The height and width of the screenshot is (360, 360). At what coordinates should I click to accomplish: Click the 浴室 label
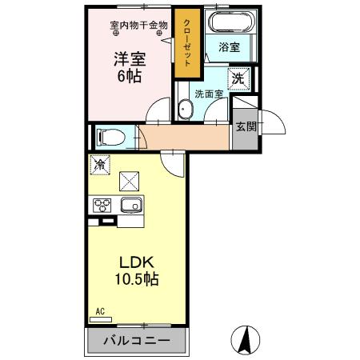point(230,47)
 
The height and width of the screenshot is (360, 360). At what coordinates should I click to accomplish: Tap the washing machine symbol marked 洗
point(238,78)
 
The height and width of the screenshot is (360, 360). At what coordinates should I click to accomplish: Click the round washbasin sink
point(187,108)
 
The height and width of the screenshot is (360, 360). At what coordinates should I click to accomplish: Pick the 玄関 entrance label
point(245,126)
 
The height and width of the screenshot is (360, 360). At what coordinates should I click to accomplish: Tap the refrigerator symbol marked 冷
point(101,166)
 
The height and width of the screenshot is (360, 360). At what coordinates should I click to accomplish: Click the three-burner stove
point(102,205)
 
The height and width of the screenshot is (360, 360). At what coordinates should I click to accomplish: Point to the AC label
point(101,311)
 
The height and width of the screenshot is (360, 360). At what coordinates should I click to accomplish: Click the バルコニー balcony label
point(135,342)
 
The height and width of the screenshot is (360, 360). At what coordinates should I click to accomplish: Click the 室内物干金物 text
point(138,25)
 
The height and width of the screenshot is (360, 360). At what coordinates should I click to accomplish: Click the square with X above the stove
point(129,181)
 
